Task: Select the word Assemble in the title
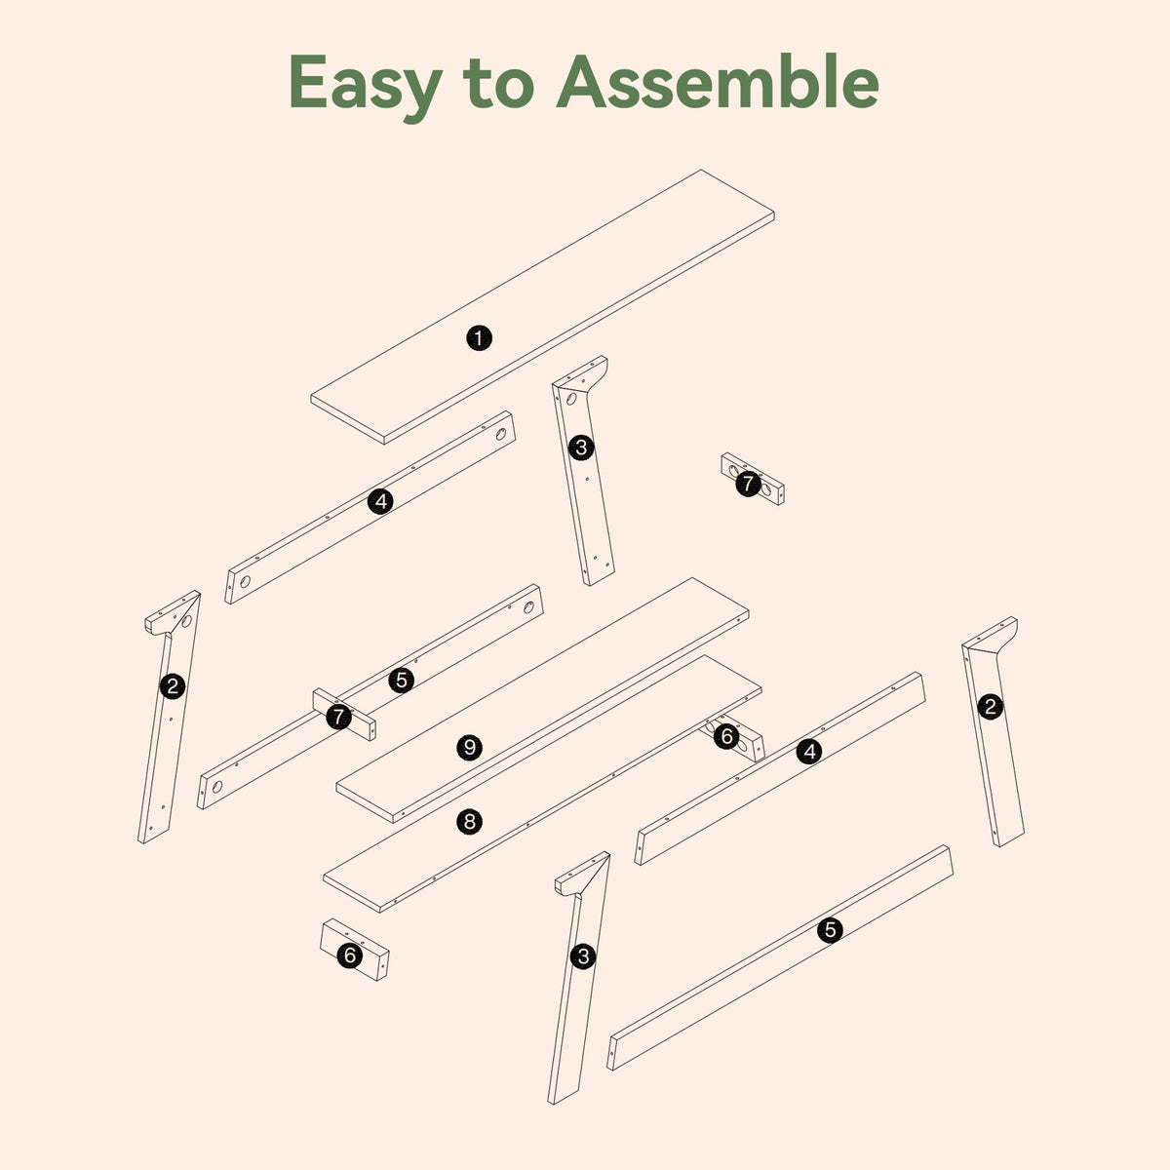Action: coord(718,82)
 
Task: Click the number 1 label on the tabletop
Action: coord(479,338)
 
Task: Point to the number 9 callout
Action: coord(469,748)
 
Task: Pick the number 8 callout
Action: coord(469,822)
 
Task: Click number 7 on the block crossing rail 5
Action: coord(338,717)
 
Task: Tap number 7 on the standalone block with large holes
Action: coord(748,484)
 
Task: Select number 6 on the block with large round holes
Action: coord(726,736)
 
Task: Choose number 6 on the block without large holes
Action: coord(350,955)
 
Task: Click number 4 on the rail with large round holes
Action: coord(380,501)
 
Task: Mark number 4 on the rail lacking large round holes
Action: coord(809,752)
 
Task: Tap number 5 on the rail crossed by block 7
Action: coord(402,680)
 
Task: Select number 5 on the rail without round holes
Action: coord(830,929)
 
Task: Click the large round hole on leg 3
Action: coord(571,399)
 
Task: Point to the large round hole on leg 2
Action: coord(186,621)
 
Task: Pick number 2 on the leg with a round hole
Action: coord(173,686)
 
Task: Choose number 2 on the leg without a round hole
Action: coord(991,707)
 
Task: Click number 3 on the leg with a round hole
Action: coord(582,448)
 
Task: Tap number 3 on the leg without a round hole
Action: coord(583,956)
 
